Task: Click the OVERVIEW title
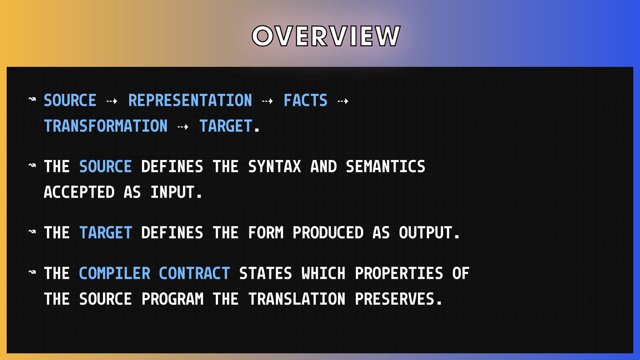coord(326,36)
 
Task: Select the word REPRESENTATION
coord(190,100)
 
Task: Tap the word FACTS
coord(305,100)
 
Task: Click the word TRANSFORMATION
coord(106,126)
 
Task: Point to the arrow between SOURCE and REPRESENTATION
coord(112,101)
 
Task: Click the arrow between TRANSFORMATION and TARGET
coord(183,127)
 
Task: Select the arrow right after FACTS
coord(343,101)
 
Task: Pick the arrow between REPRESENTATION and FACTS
coord(267,101)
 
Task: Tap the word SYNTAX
coord(275,166)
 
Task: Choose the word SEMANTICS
coord(385,166)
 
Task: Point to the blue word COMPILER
coord(115,273)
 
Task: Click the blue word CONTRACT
coord(194,273)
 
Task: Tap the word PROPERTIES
coord(399,273)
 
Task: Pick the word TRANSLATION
coord(297,299)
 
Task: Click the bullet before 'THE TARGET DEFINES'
coord(32,231)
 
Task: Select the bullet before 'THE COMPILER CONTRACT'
coord(32,272)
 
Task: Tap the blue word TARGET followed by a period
coord(226,126)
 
